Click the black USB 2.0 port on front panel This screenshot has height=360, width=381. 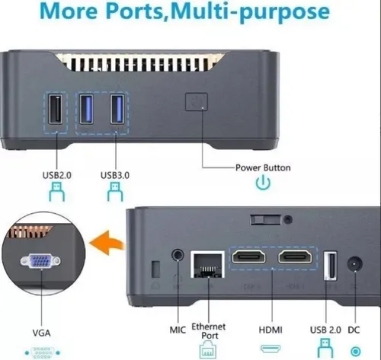[x=55, y=109]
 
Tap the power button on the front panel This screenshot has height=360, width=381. [x=197, y=102]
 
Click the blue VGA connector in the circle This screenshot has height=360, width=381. [x=40, y=261]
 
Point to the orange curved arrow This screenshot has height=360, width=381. [x=107, y=243]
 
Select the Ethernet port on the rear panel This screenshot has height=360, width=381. [x=208, y=264]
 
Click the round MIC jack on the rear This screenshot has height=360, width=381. [x=178, y=254]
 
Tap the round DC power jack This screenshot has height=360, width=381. [x=355, y=264]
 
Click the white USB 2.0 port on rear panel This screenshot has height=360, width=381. [x=330, y=266]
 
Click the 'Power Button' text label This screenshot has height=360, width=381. [x=263, y=167]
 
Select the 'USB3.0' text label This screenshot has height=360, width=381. [x=115, y=175]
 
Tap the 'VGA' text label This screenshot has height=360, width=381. [x=41, y=333]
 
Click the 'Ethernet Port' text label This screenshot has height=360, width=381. [x=209, y=331]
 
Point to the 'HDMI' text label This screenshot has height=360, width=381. [x=271, y=330]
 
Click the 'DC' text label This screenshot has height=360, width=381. [x=354, y=330]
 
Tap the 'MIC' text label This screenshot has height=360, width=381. [x=178, y=330]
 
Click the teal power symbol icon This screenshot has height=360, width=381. [x=263, y=183]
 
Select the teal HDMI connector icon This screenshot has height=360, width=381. [x=271, y=349]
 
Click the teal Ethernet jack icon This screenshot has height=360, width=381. [x=208, y=349]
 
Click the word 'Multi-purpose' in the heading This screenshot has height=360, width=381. [x=251, y=11]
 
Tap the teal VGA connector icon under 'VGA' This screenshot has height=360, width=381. [x=43, y=353]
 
